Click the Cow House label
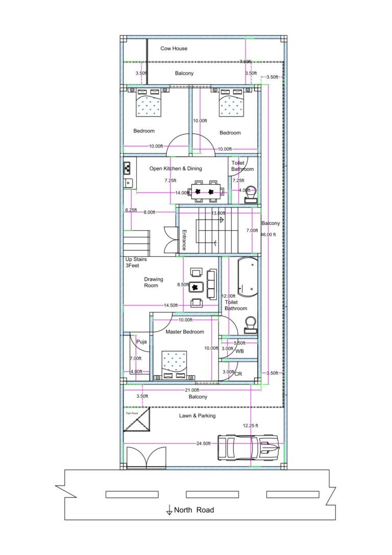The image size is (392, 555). click(x=174, y=49)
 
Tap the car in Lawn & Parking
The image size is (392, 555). click(x=248, y=447)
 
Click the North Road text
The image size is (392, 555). click(x=193, y=510)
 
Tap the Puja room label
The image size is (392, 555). click(x=141, y=342)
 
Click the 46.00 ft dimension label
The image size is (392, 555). click(x=268, y=235)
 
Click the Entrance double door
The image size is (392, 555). click(x=170, y=239)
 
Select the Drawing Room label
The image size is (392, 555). click(x=153, y=282)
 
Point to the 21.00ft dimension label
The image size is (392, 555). click(x=192, y=390)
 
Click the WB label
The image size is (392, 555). click(x=239, y=351)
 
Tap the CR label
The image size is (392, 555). click(x=238, y=374)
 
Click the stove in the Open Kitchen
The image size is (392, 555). click(x=128, y=167)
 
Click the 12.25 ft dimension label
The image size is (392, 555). click(x=250, y=425)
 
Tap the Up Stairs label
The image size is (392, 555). click(x=136, y=262)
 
